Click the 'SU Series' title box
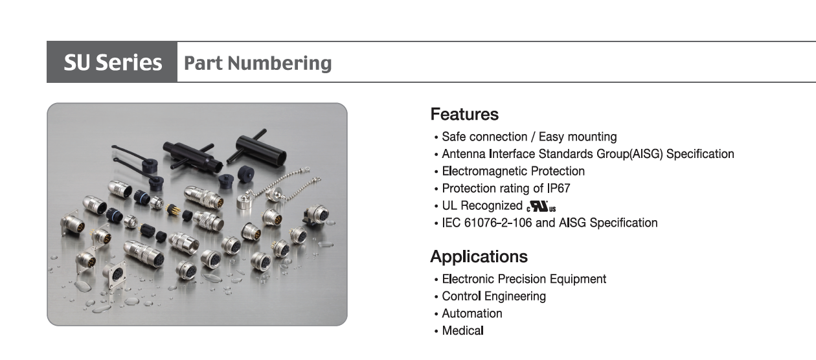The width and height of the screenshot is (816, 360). [112, 62]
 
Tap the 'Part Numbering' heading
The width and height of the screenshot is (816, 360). [258, 63]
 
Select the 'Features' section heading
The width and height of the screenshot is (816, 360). [464, 114]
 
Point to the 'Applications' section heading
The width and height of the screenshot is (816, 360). [479, 256]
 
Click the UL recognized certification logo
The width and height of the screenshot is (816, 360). [541, 207]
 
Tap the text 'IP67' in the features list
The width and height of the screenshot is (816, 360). [559, 188]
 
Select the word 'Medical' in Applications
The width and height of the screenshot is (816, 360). [462, 330]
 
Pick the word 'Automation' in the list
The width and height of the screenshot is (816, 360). [472, 313]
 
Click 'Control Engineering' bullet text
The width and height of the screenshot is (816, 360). [494, 297]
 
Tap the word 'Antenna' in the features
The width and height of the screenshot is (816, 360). [464, 154]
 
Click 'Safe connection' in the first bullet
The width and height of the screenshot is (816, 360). [484, 137]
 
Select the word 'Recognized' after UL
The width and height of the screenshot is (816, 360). [492, 206]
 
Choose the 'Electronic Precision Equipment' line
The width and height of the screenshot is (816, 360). [524, 279]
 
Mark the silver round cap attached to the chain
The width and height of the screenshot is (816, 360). [244, 201]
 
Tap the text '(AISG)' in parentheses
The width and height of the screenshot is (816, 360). [646, 154]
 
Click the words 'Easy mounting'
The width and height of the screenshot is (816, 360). [578, 137]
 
